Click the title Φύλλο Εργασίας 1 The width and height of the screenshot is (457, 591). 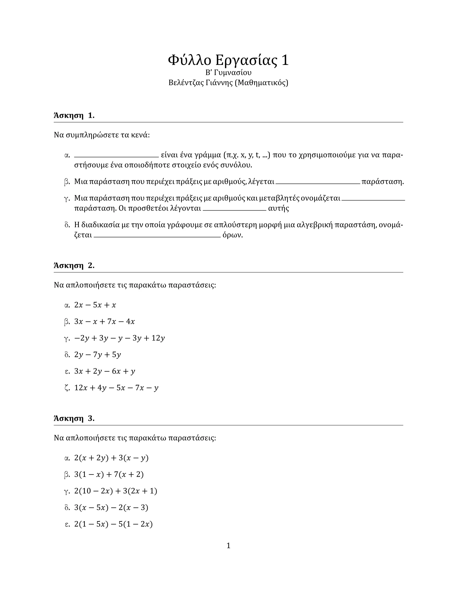point(228,60)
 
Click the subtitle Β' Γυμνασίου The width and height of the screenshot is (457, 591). point(228,73)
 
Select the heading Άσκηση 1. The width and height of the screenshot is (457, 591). point(74,116)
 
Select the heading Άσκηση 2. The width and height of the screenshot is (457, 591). point(74,265)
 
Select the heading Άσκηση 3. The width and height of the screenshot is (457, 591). point(74,418)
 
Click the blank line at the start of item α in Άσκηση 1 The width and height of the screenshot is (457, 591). point(116,156)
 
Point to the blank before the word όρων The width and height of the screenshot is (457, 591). point(157,237)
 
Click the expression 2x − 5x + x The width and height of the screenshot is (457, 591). point(95,305)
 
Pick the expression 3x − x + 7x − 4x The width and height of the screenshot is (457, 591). point(104,321)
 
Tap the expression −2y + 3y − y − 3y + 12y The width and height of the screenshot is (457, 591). point(119,338)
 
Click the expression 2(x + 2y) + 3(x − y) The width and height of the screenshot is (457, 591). point(111,458)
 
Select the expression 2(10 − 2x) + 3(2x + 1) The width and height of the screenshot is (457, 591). point(116,491)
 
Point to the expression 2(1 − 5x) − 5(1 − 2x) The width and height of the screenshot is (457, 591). point(113,524)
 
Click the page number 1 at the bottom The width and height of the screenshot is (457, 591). point(228,546)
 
